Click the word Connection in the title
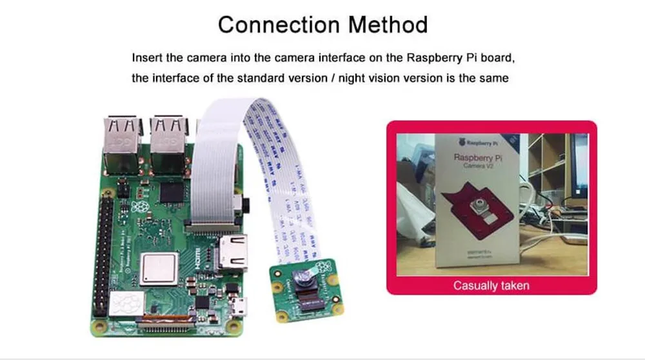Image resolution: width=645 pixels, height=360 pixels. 279,25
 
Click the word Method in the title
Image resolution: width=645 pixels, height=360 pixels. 388,25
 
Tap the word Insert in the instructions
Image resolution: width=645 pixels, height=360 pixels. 146,57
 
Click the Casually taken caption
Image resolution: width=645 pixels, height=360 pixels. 491,285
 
